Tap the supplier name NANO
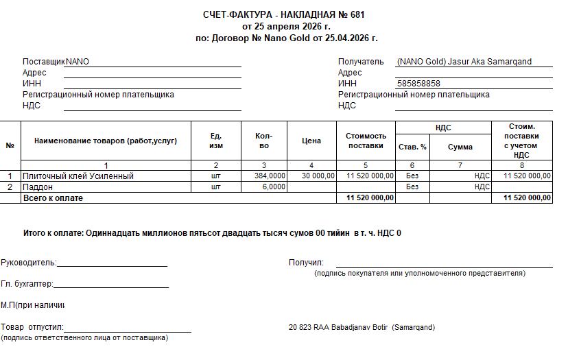78,62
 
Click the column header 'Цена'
311,141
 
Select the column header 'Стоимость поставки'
366,141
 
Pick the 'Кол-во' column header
264,141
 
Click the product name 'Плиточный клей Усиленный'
78,176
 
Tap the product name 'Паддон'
38,187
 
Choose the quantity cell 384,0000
270,176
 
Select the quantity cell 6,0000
274,187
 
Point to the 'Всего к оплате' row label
53,197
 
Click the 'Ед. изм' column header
215,141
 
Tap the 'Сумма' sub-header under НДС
460,147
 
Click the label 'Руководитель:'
29,263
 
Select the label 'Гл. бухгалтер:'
27,284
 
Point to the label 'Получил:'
306,263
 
